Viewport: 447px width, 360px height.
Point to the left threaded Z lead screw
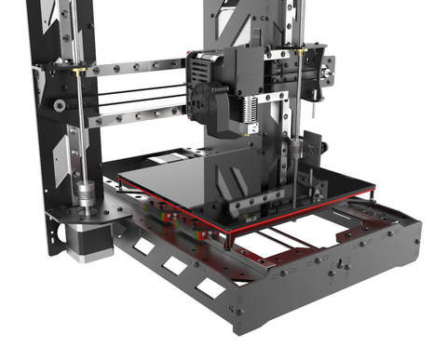point(81,140)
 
